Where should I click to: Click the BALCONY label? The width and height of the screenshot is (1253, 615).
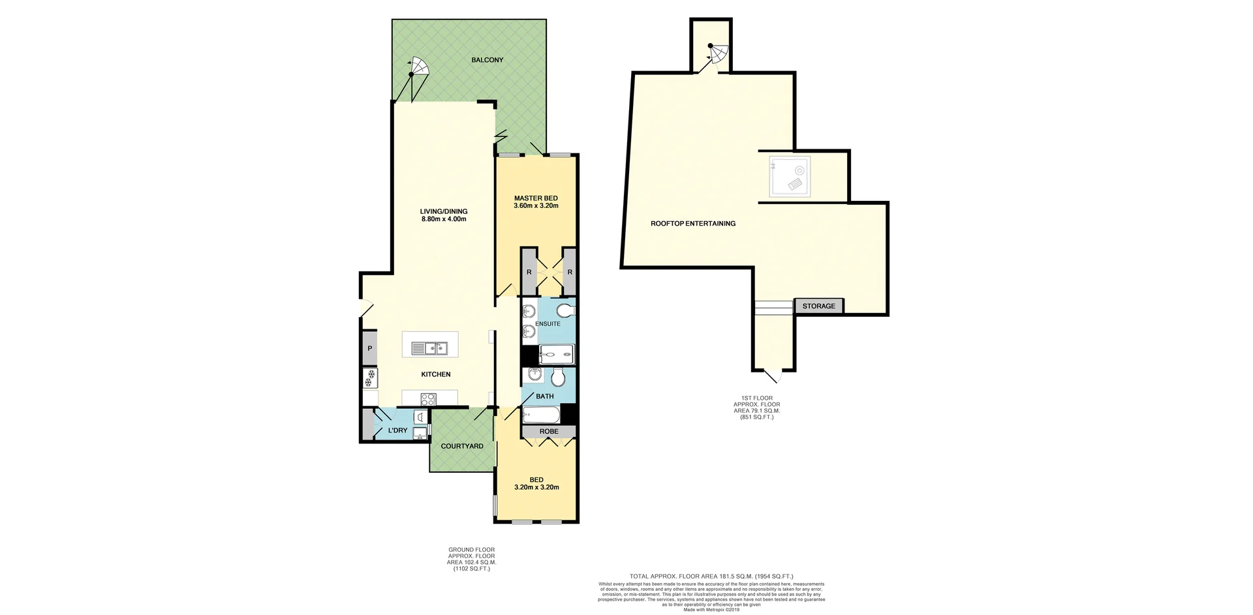click(x=487, y=60)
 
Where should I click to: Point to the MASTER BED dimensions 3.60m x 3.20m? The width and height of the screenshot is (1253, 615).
click(x=535, y=206)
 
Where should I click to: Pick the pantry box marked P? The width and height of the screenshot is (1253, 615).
click(x=369, y=349)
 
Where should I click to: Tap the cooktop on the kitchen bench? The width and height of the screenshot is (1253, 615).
click(x=428, y=399)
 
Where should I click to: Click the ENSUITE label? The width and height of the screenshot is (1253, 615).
click(x=548, y=323)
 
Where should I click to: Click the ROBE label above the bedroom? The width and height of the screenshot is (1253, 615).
click(x=549, y=431)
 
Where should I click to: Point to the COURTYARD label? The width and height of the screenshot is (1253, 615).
click(x=462, y=446)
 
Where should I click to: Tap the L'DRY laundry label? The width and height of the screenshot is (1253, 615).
click(x=397, y=430)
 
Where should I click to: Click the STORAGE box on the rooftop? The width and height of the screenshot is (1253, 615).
click(x=818, y=306)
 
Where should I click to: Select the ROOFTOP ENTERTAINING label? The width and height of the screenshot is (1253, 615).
click(x=692, y=224)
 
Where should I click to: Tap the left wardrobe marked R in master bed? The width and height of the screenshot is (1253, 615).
click(x=529, y=272)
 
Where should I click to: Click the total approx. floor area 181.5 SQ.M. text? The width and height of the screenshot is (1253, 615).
click(x=711, y=577)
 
